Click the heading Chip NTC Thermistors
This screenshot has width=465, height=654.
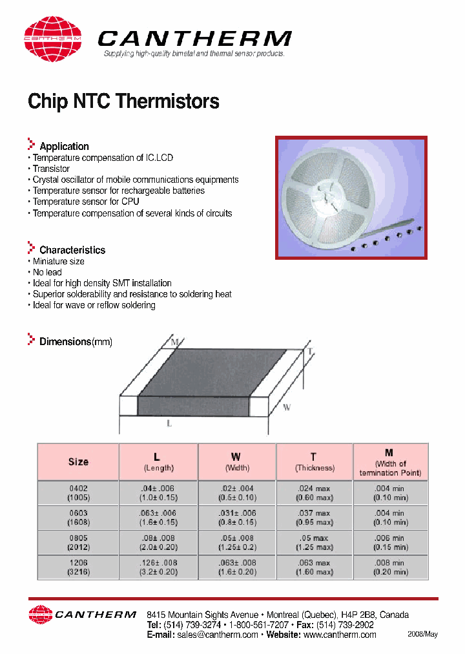(x=123, y=101)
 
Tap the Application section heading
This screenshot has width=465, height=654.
(x=64, y=146)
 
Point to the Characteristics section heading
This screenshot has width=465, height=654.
(x=72, y=249)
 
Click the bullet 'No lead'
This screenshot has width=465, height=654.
(x=47, y=272)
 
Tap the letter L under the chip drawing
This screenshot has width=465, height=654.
(x=169, y=423)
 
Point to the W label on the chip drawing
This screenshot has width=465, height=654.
(x=287, y=407)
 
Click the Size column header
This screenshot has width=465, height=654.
(x=78, y=462)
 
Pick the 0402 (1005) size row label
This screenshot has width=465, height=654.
(x=78, y=493)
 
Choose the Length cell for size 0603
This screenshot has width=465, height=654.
(x=158, y=518)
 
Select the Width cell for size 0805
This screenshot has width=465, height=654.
(x=236, y=542)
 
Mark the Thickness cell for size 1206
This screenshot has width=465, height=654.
(x=315, y=567)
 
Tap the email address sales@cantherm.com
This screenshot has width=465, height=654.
(x=217, y=635)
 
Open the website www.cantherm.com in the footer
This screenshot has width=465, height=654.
(x=340, y=635)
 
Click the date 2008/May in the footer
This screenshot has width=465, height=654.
(x=422, y=634)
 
